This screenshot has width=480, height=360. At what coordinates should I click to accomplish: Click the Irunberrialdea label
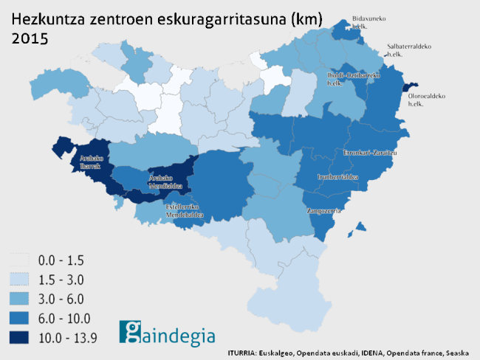point(337,177)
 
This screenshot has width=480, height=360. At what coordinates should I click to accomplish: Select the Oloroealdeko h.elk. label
point(425,100)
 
